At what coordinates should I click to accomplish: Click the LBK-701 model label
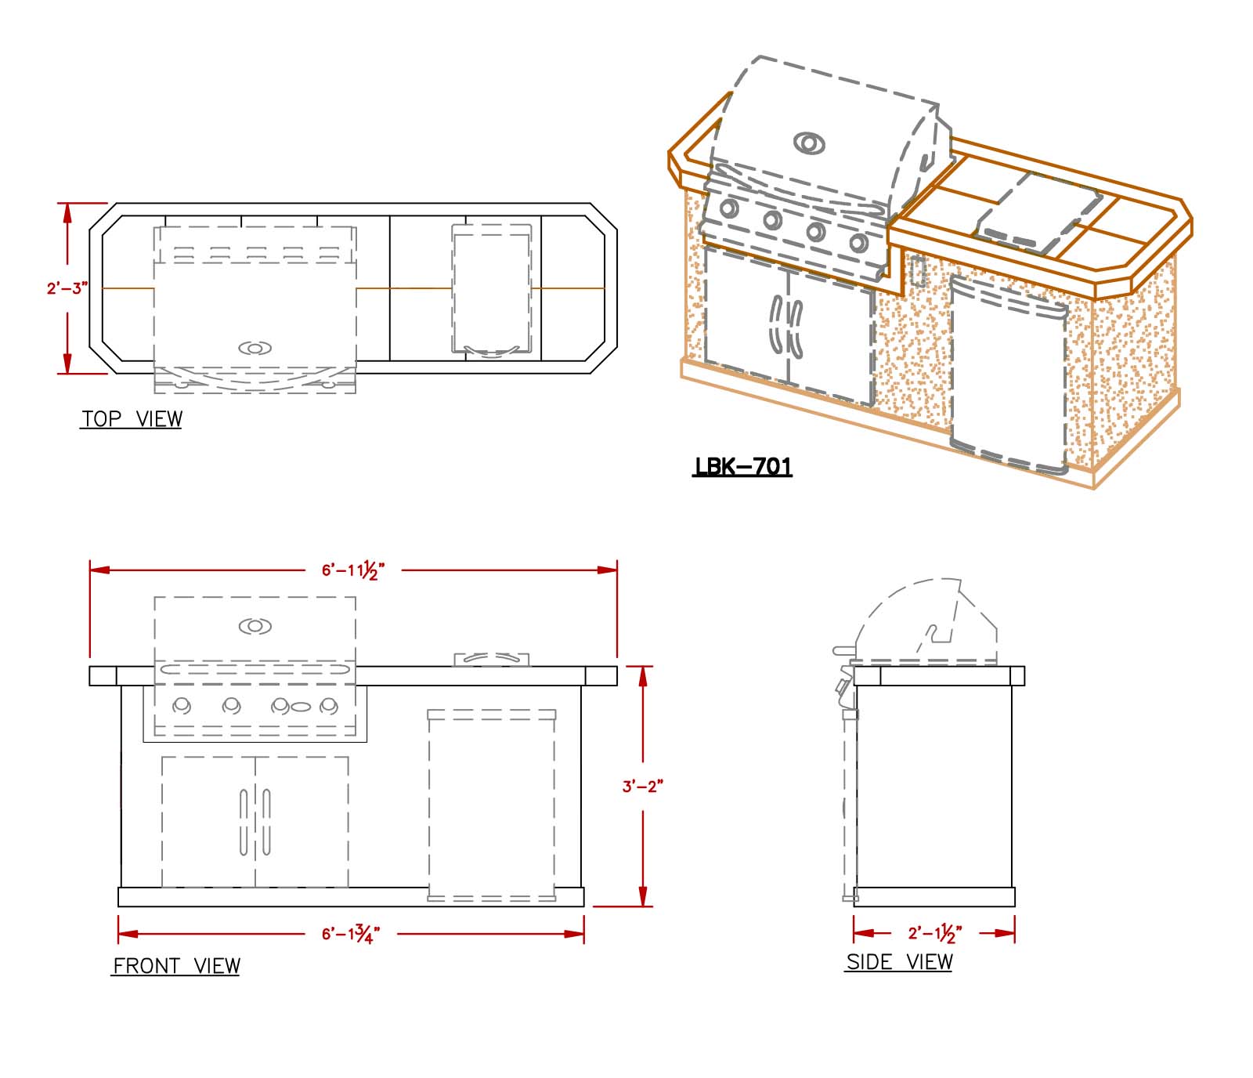(x=742, y=467)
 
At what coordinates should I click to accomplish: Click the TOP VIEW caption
(x=132, y=419)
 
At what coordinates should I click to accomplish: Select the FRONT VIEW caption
(x=176, y=966)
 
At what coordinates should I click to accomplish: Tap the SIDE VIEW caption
(x=899, y=962)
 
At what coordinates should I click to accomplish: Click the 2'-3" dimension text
(x=66, y=288)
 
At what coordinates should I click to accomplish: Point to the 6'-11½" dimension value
(x=353, y=570)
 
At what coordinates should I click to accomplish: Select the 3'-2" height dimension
(x=642, y=786)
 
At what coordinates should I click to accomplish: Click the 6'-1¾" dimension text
(x=350, y=934)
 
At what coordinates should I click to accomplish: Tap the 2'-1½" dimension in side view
(x=934, y=933)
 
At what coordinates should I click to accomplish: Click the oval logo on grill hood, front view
(x=255, y=626)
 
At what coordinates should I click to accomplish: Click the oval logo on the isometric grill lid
(x=809, y=143)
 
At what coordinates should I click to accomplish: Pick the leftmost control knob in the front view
(x=182, y=706)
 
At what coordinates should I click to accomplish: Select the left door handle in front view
(x=244, y=821)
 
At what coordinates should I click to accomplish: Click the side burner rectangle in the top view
(x=492, y=288)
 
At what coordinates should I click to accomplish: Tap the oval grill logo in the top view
(x=255, y=348)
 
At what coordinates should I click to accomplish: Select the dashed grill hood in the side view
(x=924, y=619)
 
